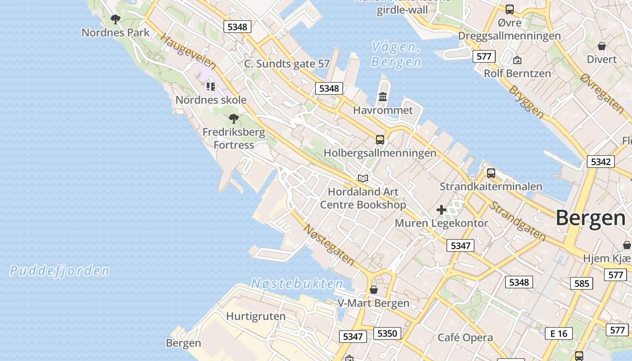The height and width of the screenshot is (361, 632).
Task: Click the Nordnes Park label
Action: (115, 32)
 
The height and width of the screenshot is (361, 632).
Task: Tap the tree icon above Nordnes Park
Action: (116, 19)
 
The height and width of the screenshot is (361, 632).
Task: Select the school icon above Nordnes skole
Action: (211, 86)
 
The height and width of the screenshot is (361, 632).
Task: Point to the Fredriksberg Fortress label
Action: (233, 139)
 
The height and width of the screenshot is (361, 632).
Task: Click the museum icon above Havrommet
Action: (383, 97)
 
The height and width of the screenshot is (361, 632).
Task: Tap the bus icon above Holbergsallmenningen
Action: (380, 140)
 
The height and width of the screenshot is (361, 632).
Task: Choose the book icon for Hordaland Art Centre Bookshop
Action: (363, 178)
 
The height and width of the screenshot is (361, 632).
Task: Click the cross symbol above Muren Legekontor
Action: (441, 210)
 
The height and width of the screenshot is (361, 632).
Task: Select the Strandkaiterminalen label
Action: (491, 186)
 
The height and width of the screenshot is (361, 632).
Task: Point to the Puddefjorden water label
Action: (60, 271)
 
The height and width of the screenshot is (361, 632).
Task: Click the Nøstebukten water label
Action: (297, 283)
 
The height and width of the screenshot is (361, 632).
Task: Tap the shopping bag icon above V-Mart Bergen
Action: (374, 290)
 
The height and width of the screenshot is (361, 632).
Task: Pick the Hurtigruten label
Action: (256, 316)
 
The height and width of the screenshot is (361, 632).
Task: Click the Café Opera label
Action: (465, 338)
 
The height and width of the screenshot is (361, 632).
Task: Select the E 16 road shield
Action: (559, 333)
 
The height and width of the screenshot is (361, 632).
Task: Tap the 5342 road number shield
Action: (600, 162)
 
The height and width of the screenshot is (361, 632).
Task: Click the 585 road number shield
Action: (582, 283)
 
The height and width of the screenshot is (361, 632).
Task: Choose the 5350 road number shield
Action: (387, 333)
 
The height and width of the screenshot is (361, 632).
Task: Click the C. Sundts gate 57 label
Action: (287, 64)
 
